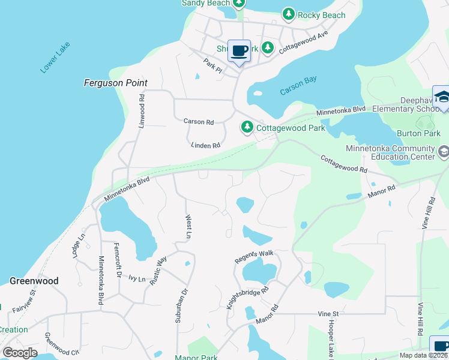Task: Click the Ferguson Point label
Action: [x=115, y=83]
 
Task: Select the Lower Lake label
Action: [x=55, y=58]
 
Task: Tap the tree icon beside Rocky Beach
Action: [x=289, y=14]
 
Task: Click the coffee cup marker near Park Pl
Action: [x=239, y=51]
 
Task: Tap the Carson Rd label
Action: [x=198, y=121]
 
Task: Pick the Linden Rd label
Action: [x=205, y=145]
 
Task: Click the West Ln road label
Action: [x=188, y=227]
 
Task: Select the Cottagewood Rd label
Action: [x=343, y=164]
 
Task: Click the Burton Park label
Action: [x=414, y=133]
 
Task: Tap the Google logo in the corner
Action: [x=20, y=353]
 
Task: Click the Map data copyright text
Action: [x=423, y=355]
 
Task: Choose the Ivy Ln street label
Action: [x=137, y=279]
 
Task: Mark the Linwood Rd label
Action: [x=142, y=111]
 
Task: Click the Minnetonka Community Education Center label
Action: [x=390, y=152]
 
